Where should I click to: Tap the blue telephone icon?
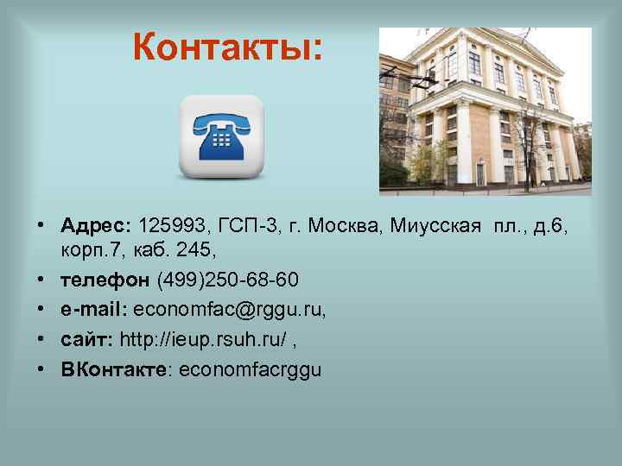pos(220,135)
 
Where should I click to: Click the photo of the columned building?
pos(485,111)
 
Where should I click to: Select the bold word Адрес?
pos(95,226)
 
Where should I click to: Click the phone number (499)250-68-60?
pos(228,280)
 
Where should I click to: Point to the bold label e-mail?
pos(93,310)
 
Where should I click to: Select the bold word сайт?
pos(87,339)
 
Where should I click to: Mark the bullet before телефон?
pos(41,280)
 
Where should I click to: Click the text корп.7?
pos(91,250)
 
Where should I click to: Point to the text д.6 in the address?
pos(551,226)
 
